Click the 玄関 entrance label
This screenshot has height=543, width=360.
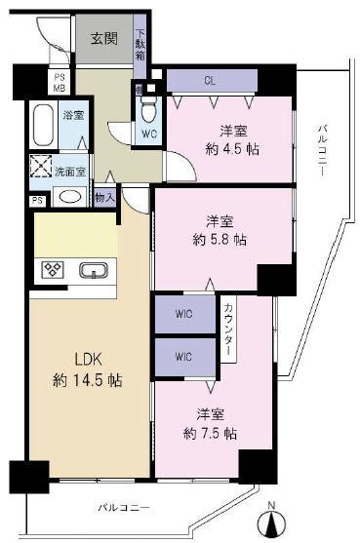pyautogui.click(x=104, y=38)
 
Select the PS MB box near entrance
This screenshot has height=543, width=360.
pyautogui.click(x=60, y=82)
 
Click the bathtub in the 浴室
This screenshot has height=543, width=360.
pyautogui.click(x=43, y=125)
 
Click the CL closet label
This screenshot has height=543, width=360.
pyautogui.click(x=210, y=81)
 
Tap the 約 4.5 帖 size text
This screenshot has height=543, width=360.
pyautogui.click(x=232, y=149)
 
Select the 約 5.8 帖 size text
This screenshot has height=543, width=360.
pyautogui.click(x=220, y=240)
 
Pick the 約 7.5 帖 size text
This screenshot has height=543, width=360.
pyautogui.click(x=211, y=433)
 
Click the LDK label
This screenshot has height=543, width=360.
pyautogui.click(x=89, y=360)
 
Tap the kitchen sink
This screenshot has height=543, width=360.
pyautogui.click(x=94, y=270)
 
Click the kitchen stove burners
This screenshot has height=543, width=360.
pyautogui.click(x=53, y=269)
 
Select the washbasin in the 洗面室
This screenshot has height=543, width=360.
pyautogui.click(x=70, y=197)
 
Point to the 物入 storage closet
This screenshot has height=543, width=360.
pyautogui.click(x=104, y=198)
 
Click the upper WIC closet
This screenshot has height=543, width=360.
pyautogui.click(x=184, y=314)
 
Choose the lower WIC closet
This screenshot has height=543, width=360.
pyautogui.click(x=184, y=357)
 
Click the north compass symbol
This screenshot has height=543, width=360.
pyautogui.click(x=272, y=520)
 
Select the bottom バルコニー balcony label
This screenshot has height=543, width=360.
pyautogui.click(x=124, y=508)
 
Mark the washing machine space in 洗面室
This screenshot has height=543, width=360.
pyautogui.click(x=41, y=167)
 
